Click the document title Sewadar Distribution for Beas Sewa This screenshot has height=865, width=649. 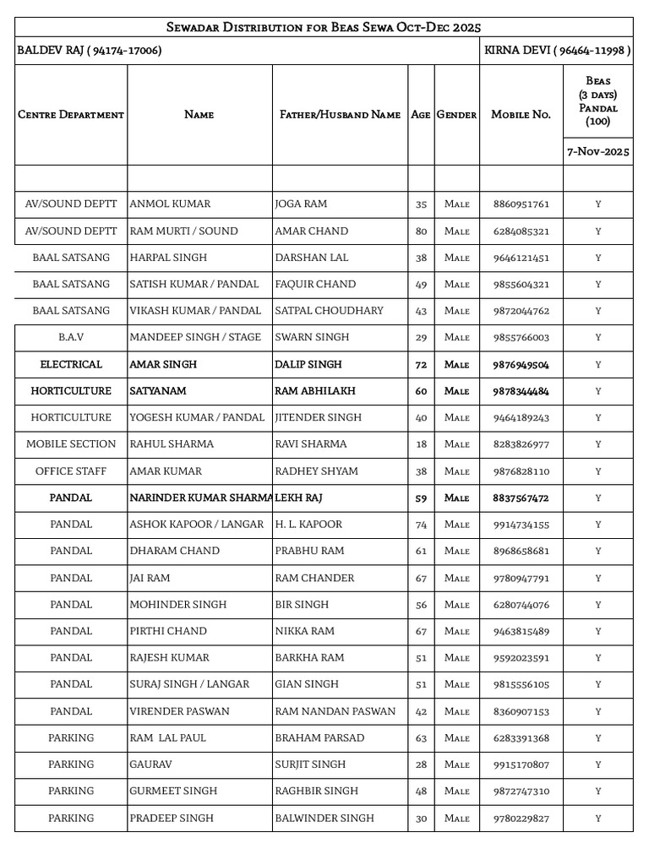click(324, 28)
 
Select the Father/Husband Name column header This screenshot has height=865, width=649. click(340, 115)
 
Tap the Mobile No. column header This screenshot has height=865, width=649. click(521, 115)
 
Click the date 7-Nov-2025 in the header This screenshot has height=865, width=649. click(597, 152)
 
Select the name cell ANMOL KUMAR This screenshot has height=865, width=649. click(170, 204)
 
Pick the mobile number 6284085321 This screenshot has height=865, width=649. click(521, 231)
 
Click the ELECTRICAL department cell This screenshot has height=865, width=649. click(71, 365)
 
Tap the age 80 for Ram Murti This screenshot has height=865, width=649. click(421, 231)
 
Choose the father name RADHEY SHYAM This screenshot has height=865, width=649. click(316, 471)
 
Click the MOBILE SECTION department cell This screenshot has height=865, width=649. click(71, 444)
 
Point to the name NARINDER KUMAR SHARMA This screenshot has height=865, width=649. click(200, 498)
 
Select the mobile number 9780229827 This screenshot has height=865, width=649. click(521, 819)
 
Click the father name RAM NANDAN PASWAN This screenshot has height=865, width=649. click(335, 711)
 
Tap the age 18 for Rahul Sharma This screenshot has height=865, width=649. click(421, 444)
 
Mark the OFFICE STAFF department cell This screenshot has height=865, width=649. click(71, 471)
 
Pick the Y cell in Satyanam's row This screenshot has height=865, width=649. click(597, 392)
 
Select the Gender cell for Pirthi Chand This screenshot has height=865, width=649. click(456, 632)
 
